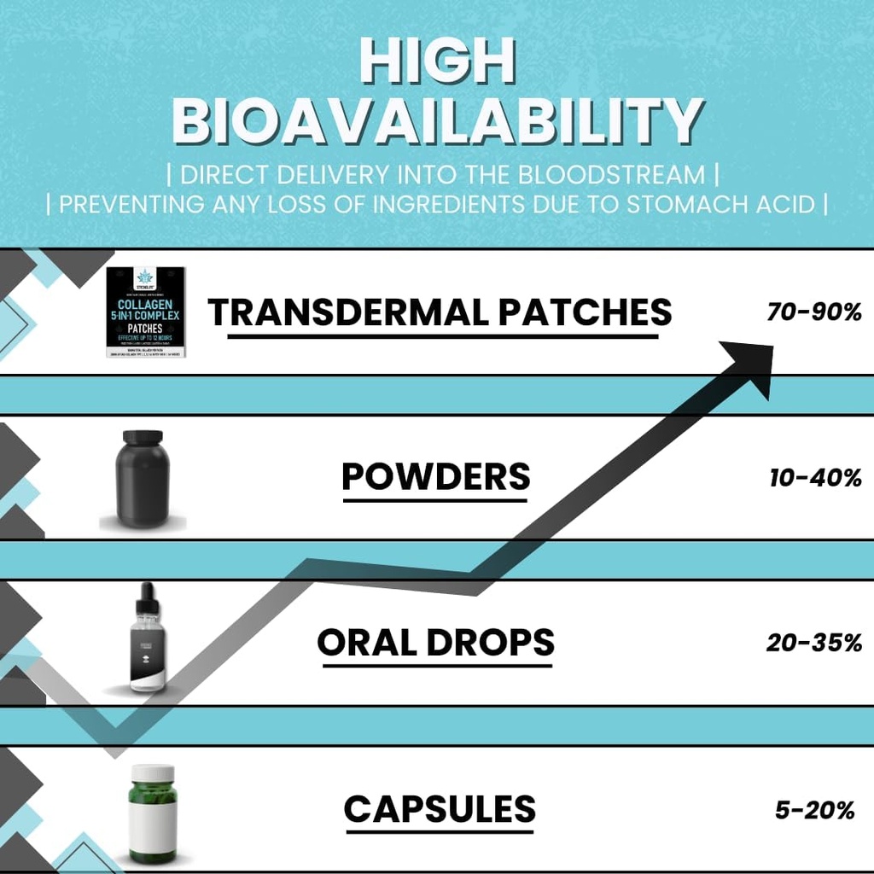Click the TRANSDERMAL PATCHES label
pyautogui.click(x=440, y=312)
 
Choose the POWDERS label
pyautogui.click(x=435, y=475)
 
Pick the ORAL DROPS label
pyautogui.click(x=435, y=642)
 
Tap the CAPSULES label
pyautogui.click(x=440, y=807)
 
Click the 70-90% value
pyautogui.click(x=814, y=312)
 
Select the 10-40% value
pyautogui.click(x=814, y=478)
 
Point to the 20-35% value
pyautogui.click(x=813, y=644)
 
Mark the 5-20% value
pyautogui.click(x=814, y=810)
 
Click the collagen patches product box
pyautogui.click(x=145, y=312)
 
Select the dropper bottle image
pyautogui.click(x=146, y=640)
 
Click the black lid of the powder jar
pyautogui.click(x=143, y=437)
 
